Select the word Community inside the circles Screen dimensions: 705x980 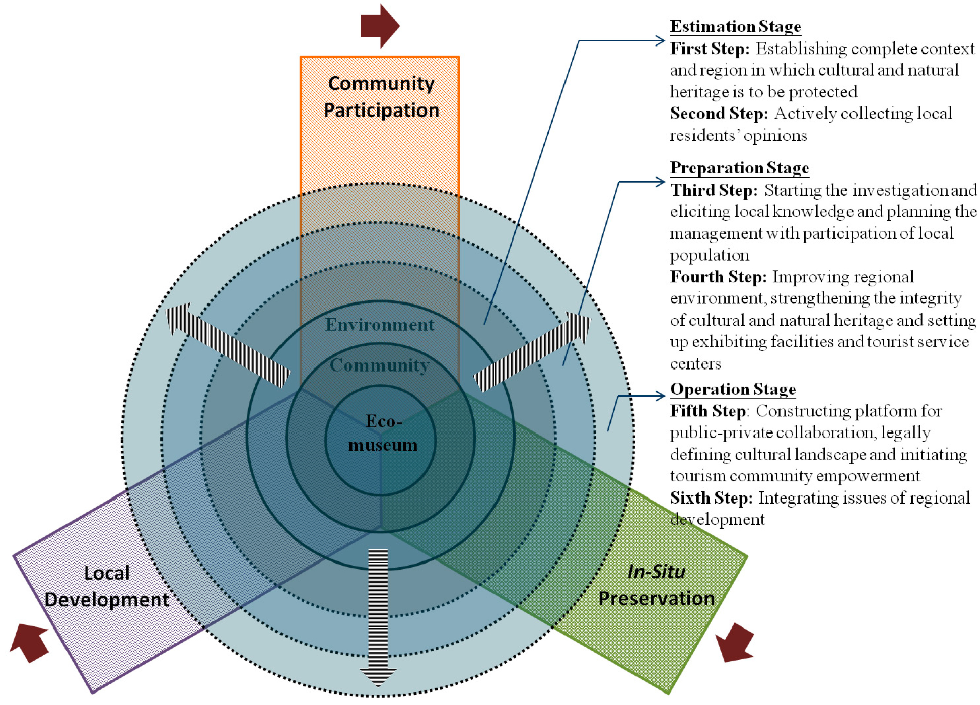[x=379, y=365]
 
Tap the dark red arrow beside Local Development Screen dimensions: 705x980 [x=29, y=642]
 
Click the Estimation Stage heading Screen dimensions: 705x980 [x=735, y=26]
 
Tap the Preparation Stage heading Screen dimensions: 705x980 [x=739, y=168]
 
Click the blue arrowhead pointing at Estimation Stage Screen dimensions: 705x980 [x=660, y=41]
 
